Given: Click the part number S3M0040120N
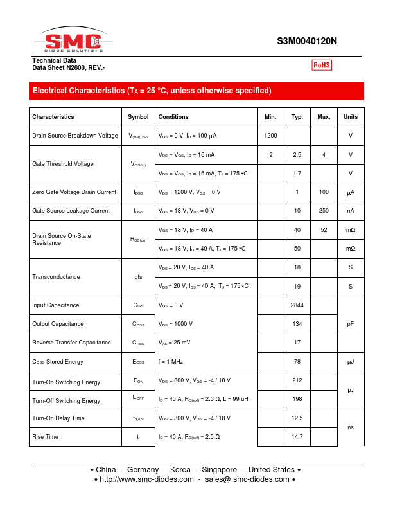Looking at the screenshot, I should coord(307,41).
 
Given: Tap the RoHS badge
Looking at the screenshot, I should coord(321,65).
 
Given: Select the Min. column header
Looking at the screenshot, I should coord(270,117).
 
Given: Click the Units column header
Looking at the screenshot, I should coord(351,117).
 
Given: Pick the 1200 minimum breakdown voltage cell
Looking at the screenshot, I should coord(270,136).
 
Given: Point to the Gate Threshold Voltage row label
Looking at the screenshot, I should coord(63,164).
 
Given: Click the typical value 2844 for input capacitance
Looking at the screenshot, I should coord(297,305).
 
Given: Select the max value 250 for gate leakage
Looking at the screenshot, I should coord(324,211).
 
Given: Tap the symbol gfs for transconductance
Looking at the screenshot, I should coord(138,277).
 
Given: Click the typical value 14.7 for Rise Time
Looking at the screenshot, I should coord(297,437).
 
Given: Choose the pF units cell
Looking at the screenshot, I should coord(351,324).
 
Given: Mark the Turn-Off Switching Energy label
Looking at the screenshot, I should coord(66,401).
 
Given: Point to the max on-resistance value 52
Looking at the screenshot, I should coord(324,230).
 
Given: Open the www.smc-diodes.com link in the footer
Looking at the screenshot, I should coord(147,479).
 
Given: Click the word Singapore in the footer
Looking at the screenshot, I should coord(218,470).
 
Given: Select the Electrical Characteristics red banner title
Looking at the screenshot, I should coord(152,91).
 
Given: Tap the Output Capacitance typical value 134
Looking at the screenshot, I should coord(297,324).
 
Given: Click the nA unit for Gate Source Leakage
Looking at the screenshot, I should coord(351,211).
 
